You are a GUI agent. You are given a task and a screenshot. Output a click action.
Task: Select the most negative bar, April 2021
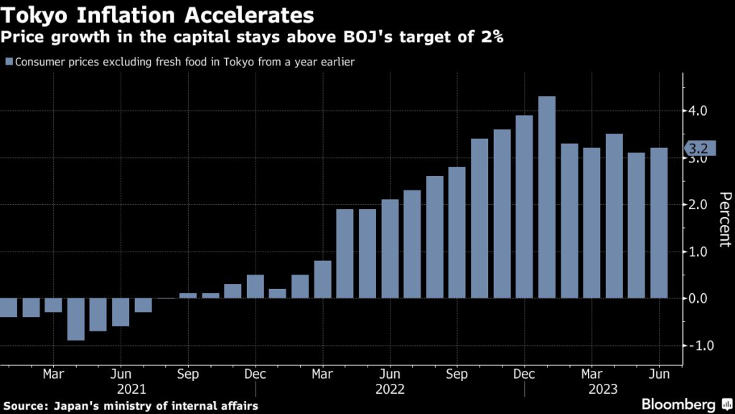tap(75, 319)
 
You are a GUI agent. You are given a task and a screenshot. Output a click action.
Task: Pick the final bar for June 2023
tap(659, 223)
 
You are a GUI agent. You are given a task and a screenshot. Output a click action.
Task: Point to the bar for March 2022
tap(322, 280)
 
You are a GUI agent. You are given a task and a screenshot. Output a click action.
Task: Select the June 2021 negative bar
tap(121, 312)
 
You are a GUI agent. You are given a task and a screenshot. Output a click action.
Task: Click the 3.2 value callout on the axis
tap(697, 149)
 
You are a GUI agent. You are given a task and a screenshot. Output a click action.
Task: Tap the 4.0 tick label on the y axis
tap(698, 111)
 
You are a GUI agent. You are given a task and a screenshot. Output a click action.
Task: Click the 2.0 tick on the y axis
tap(698, 205)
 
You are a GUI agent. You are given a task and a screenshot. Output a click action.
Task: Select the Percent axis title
tap(724, 219)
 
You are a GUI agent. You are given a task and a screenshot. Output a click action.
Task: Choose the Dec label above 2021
tap(256, 374)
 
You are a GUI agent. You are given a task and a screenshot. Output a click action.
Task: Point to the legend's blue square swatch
tap(9, 62)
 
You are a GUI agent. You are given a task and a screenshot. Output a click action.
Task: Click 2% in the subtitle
tap(489, 37)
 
